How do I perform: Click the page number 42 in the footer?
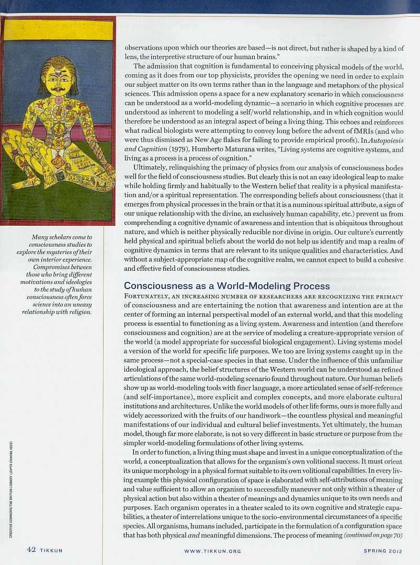point(31,550)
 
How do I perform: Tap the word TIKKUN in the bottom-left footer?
point(52,550)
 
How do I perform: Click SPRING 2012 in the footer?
point(383,551)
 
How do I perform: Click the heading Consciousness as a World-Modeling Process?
point(227,286)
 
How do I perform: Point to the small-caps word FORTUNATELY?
point(148,296)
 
